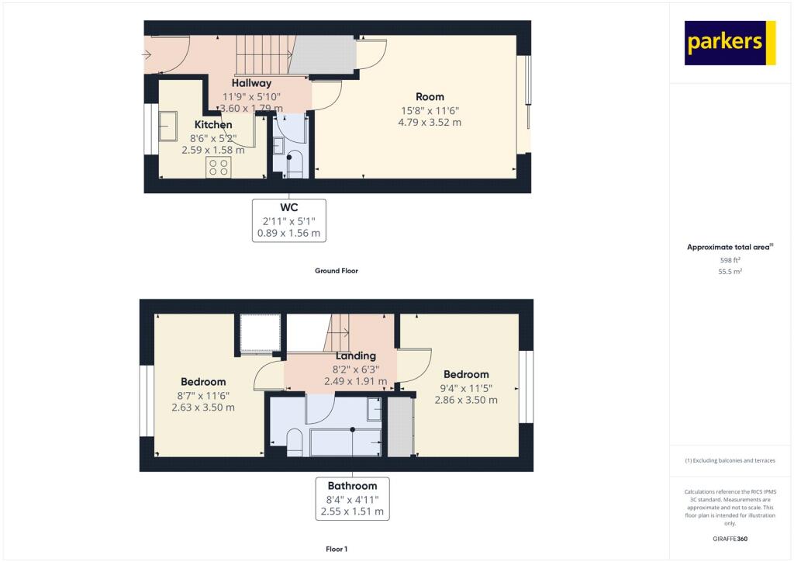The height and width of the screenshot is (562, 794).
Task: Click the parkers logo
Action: tap(730, 43)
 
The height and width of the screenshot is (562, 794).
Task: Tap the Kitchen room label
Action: tap(212, 124)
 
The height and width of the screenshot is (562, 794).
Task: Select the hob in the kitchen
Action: tap(218, 168)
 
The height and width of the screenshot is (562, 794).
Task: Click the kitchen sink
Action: tap(167, 126)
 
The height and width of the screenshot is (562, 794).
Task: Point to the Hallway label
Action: tap(251, 83)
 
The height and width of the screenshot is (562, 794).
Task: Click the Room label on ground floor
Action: tap(429, 97)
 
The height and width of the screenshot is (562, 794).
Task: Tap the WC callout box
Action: tap(288, 220)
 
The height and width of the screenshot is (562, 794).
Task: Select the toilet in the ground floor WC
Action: tap(294, 164)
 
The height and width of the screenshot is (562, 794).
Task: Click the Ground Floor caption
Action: tap(336, 271)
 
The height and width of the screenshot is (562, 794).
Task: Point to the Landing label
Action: tap(356, 356)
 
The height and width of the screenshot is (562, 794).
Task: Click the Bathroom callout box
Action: tap(352, 499)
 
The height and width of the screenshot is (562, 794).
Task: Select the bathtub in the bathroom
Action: tap(346, 442)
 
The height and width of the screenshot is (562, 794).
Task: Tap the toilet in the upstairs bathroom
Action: tap(294, 442)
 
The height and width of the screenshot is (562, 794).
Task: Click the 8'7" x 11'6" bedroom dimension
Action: tap(203, 395)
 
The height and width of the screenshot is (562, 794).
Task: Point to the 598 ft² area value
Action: tap(730, 261)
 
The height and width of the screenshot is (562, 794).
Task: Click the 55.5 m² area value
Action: tap(730, 272)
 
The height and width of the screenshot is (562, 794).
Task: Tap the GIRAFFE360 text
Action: tap(730, 539)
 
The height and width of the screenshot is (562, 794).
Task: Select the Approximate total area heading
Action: tap(730, 247)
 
